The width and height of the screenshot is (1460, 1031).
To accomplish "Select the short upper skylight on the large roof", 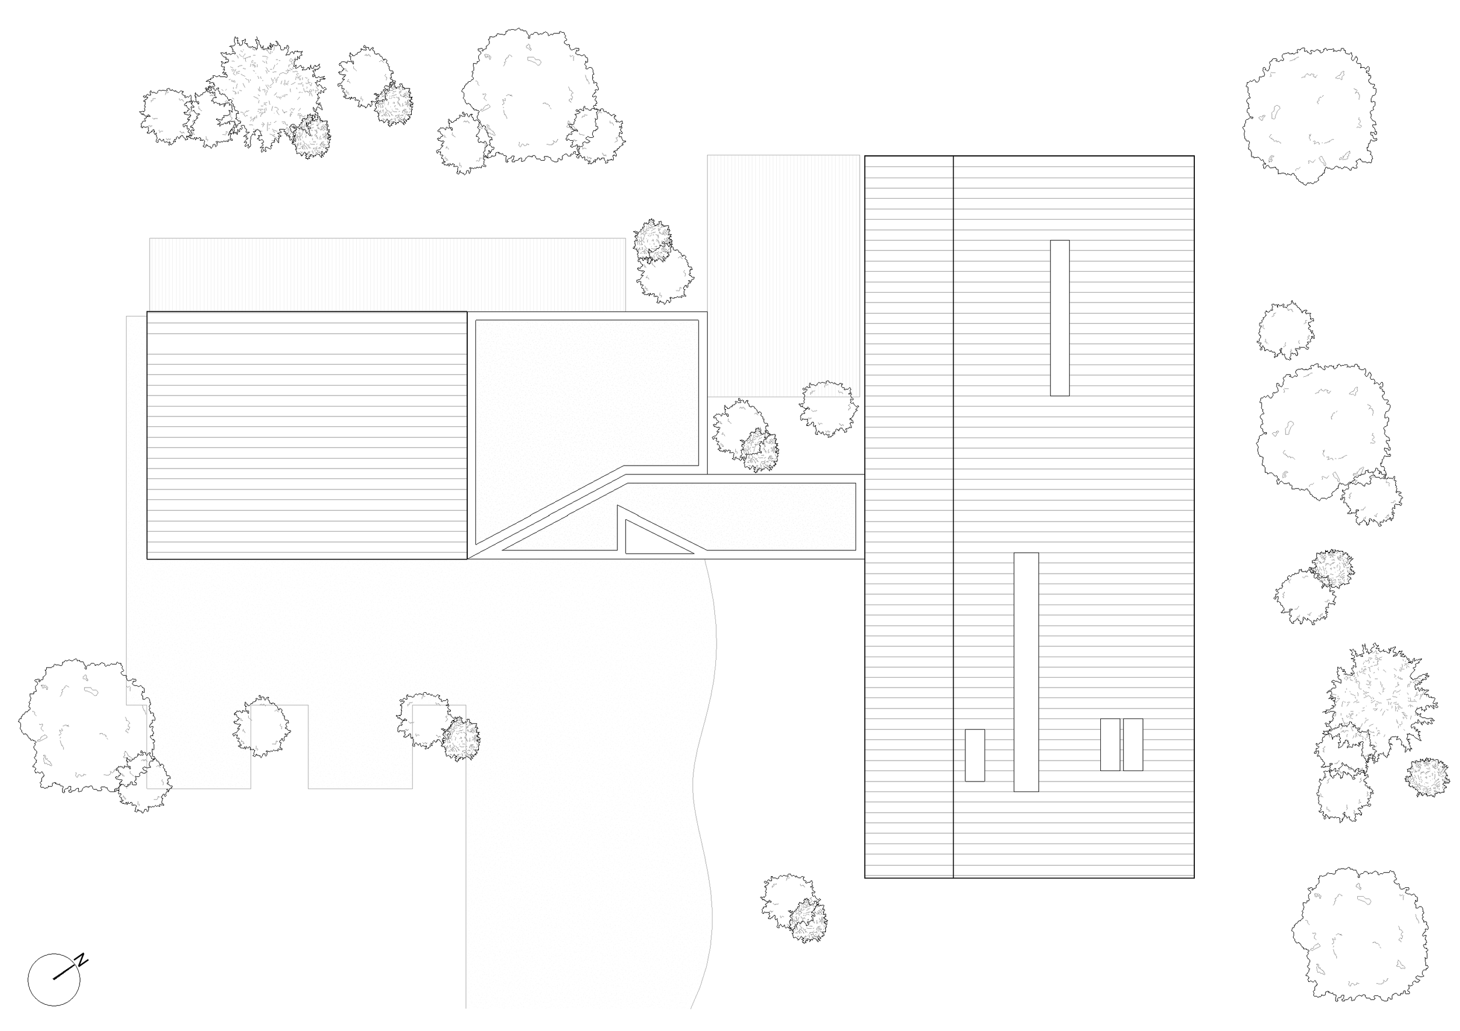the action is click(1059, 317).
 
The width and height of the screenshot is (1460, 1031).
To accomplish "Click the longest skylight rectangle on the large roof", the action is click(1026, 672).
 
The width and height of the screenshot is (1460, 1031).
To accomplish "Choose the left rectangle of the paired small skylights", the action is click(1110, 744).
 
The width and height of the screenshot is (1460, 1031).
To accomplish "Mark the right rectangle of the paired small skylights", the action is click(1132, 744).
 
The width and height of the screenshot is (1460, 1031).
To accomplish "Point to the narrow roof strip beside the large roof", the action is click(909, 516).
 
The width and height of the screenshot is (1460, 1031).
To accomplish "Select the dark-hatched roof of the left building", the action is click(307, 435).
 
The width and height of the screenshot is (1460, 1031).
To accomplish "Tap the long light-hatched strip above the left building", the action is click(387, 274).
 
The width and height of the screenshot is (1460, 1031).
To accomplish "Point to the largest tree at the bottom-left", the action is click(83, 725).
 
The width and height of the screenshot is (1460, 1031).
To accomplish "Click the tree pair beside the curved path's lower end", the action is click(795, 908).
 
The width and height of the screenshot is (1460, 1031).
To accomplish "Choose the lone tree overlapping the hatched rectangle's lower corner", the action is click(829, 408).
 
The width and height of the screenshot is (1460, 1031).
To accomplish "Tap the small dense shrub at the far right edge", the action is click(1427, 776).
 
